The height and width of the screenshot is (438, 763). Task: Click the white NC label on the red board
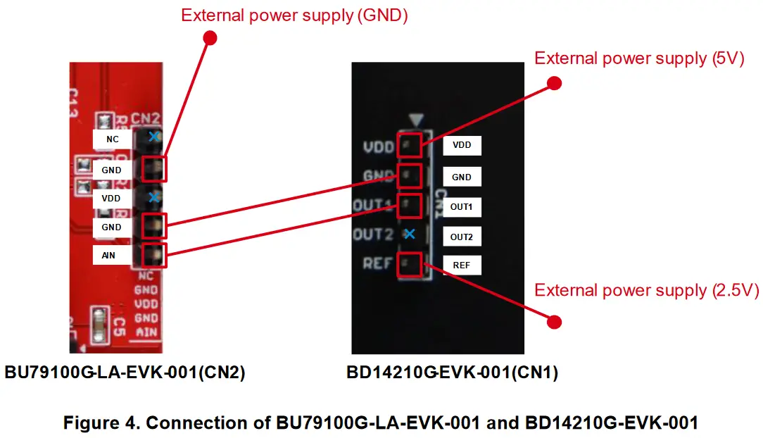pos(112,139)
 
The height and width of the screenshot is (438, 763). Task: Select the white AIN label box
pos(109,256)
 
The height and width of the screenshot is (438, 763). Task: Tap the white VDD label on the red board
pos(111,199)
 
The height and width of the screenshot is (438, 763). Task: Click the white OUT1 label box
pos(462,207)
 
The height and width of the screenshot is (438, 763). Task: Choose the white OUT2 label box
pos(462,237)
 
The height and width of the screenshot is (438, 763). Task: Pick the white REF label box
pos(462,265)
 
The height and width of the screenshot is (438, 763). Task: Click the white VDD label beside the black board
pos(462,145)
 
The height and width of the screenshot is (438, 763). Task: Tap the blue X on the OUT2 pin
pos(409,234)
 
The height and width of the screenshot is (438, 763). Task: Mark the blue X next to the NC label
pos(153,136)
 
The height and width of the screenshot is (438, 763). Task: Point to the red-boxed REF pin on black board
pos(410,265)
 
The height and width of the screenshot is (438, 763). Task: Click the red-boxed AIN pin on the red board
pos(154,255)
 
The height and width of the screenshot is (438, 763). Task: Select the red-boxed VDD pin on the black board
pos(410,144)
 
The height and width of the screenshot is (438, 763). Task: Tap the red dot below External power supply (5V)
pos(554,83)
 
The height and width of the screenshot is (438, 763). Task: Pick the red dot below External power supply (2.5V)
pos(554,322)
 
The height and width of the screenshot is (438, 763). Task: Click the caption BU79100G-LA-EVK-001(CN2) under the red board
pos(125,373)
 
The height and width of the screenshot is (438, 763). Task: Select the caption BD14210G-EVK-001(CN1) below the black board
pos(452,373)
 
